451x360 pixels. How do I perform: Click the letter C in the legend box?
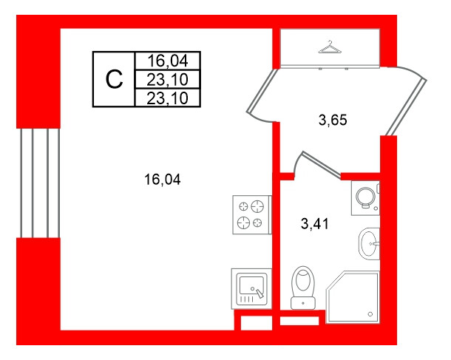coord(114,79)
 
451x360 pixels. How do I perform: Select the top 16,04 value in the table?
coord(167,61)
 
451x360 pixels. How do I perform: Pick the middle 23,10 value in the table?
coord(167,80)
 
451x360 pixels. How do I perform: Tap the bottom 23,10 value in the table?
coord(167,98)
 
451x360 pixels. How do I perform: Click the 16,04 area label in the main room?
coord(163,180)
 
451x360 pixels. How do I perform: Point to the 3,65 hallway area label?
coord(333,120)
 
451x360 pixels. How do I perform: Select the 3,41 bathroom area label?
coord(315,224)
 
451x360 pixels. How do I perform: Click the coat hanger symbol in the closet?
coord(330,47)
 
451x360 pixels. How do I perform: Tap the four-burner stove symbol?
coord(252,215)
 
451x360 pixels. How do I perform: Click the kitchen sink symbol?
coord(251,289)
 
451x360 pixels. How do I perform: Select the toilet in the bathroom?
coord(303,288)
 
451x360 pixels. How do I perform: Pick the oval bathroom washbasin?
coord(369,244)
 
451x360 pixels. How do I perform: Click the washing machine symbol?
coord(365,198)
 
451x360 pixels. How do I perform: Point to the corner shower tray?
coord(353,296)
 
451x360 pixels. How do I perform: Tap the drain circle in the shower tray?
coord(370,314)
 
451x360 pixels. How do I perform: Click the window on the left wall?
coord(40,183)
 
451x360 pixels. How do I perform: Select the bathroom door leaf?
coord(322,164)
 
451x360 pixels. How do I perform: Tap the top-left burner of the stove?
coord(244,206)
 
